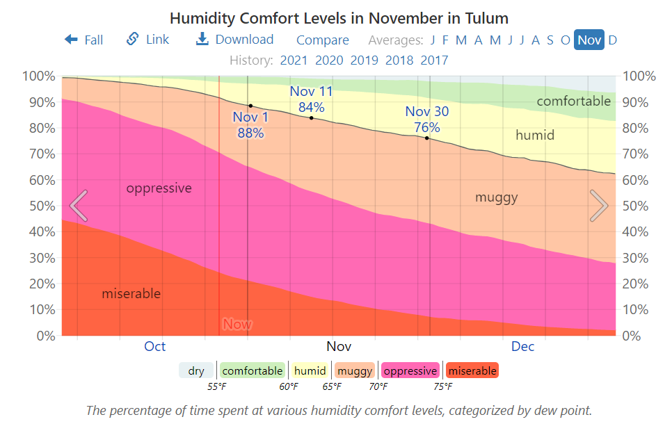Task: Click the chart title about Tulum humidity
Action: tap(339, 18)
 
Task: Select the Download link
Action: tap(234, 40)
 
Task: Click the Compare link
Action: tap(323, 40)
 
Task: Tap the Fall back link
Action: tap(83, 40)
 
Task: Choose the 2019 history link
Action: tap(365, 60)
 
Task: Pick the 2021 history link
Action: tap(294, 60)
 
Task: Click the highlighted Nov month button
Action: tap(589, 40)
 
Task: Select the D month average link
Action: tap(613, 40)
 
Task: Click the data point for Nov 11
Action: tap(311, 117)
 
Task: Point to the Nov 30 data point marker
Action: tap(426, 138)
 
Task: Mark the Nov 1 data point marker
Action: tap(250, 106)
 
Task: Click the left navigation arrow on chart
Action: tap(79, 206)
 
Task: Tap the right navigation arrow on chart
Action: tap(599, 206)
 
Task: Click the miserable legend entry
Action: tap(472, 371)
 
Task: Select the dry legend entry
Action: tap(197, 371)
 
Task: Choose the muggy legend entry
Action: tap(355, 371)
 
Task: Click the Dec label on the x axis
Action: tap(523, 346)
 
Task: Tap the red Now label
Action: tap(237, 324)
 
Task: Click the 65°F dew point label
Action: tap(332, 386)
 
